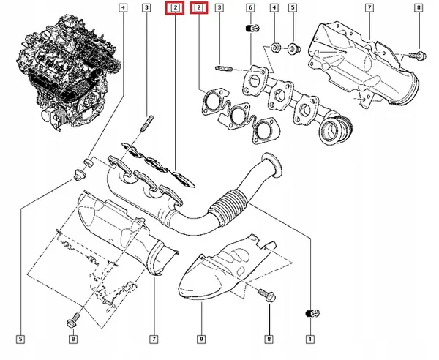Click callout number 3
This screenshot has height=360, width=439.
147,8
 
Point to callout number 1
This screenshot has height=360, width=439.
309,339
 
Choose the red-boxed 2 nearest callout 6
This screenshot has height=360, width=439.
198,8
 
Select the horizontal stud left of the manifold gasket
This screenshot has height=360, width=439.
223,69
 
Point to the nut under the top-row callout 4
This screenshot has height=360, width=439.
275,48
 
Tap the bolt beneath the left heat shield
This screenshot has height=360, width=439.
73,319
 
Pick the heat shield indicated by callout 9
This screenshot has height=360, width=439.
219,271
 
